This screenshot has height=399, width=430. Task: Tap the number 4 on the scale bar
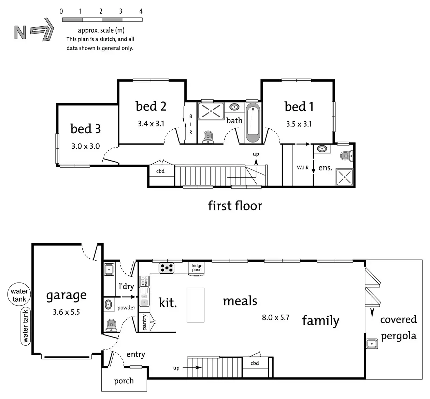pos(141,11)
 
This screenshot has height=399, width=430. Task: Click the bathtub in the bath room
pos(253,123)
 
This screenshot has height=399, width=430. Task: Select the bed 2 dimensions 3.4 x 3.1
pos(151,124)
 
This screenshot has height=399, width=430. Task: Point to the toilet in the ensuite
pos(346,156)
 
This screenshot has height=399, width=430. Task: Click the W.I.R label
pos(303,167)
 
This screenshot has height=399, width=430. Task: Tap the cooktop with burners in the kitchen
pos(166,268)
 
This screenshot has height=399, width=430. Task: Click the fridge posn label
pos(197,267)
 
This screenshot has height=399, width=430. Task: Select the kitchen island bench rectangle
pos(195,305)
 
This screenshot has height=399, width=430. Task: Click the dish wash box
pos(144,281)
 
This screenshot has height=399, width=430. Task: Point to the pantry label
pos(144,322)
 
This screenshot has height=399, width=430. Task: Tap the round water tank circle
pos(19,294)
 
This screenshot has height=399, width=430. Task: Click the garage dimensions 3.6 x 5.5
pos(66,312)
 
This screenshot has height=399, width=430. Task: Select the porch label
pos(124,381)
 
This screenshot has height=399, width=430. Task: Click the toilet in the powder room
pos(111,325)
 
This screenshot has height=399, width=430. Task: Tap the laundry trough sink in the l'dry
pos(109,270)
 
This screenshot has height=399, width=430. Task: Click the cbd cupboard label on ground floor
pos(255,363)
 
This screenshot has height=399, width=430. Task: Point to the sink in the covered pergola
pos(372,344)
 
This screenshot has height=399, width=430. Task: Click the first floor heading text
pos(235,206)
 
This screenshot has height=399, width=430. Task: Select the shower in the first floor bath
pos(211,111)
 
